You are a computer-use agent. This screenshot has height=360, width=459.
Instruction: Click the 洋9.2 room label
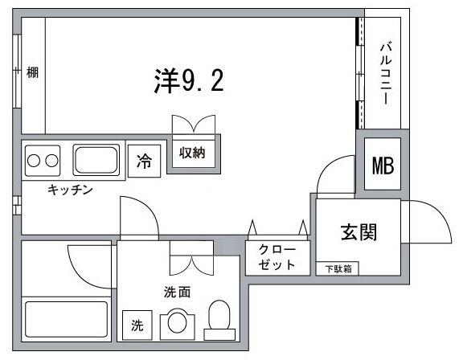tap(187, 80)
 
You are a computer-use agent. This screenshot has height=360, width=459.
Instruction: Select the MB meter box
tap(383, 166)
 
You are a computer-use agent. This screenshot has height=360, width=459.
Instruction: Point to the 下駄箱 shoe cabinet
tap(338, 268)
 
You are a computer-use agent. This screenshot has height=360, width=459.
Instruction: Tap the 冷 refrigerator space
tap(144, 162)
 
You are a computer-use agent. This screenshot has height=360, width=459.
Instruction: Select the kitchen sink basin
tap(96, 159)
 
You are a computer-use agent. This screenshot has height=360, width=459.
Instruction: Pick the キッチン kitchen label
tap(71, 190)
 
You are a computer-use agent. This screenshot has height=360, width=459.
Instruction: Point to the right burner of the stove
tap(53, 160)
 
